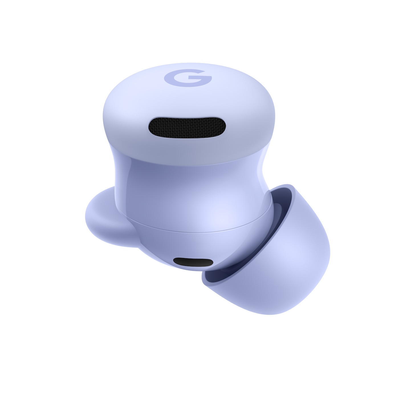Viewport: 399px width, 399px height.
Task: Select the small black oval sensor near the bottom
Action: tap(193, 262)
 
